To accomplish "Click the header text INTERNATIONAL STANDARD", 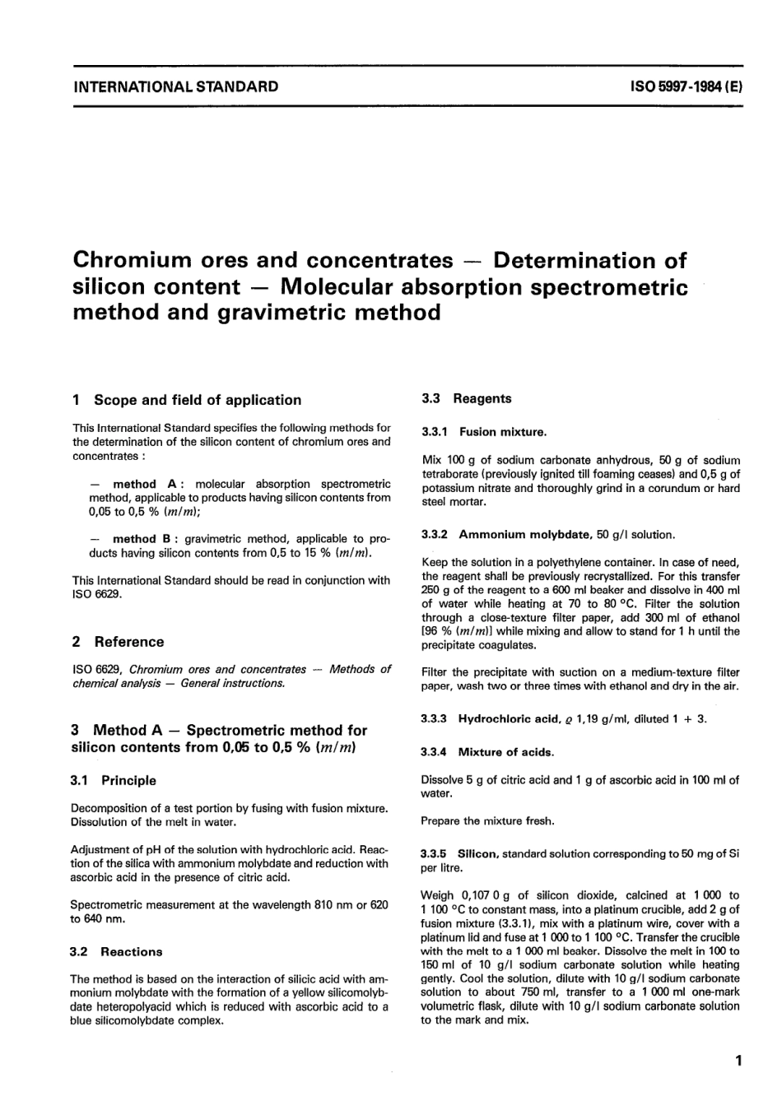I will [175, 86].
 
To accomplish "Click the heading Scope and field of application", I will [198, 400].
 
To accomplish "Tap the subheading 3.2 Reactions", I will [117, 951].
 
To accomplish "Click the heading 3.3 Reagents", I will [466, 398].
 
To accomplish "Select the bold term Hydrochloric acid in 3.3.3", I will [509, 718].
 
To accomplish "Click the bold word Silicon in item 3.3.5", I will [478, 854].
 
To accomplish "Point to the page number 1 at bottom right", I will [739, 1061].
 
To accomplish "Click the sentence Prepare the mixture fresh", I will [487, 820].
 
